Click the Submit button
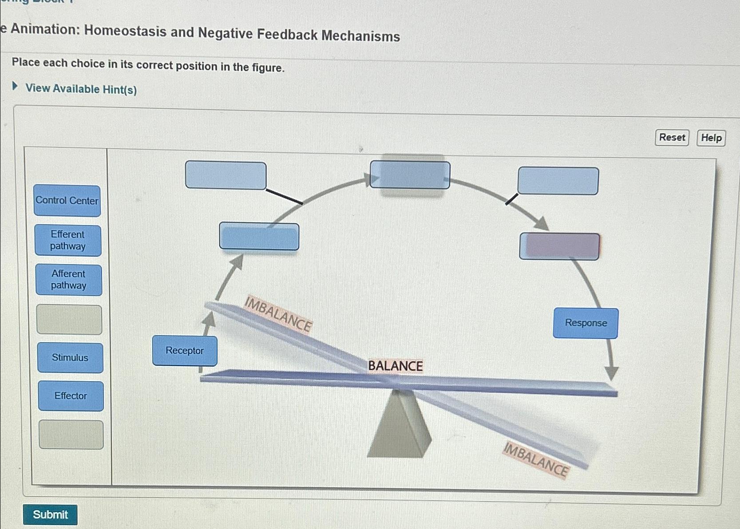click(x=50, y=514)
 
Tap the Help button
click(x=711, y=138)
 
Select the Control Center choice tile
click(x=67, y=201)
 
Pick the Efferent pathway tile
click(x=68, y=241)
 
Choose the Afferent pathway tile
click(x=69, y=280)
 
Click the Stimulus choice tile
click(x=70, y=358)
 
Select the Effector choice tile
click(x=71, y=396)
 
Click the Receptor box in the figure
click(x=185, y=351)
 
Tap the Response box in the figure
click(x=586, y=323)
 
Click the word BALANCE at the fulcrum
click(x=395, y=366)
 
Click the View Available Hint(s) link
click(x=81, y=89)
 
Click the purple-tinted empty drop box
click(x=559, y=246)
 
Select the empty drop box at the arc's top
click(x=410, y=175)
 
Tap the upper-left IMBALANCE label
click(x=278, y=314)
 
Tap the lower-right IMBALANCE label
click(x=536, y=459)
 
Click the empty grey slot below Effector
click(x=71, y=435)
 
